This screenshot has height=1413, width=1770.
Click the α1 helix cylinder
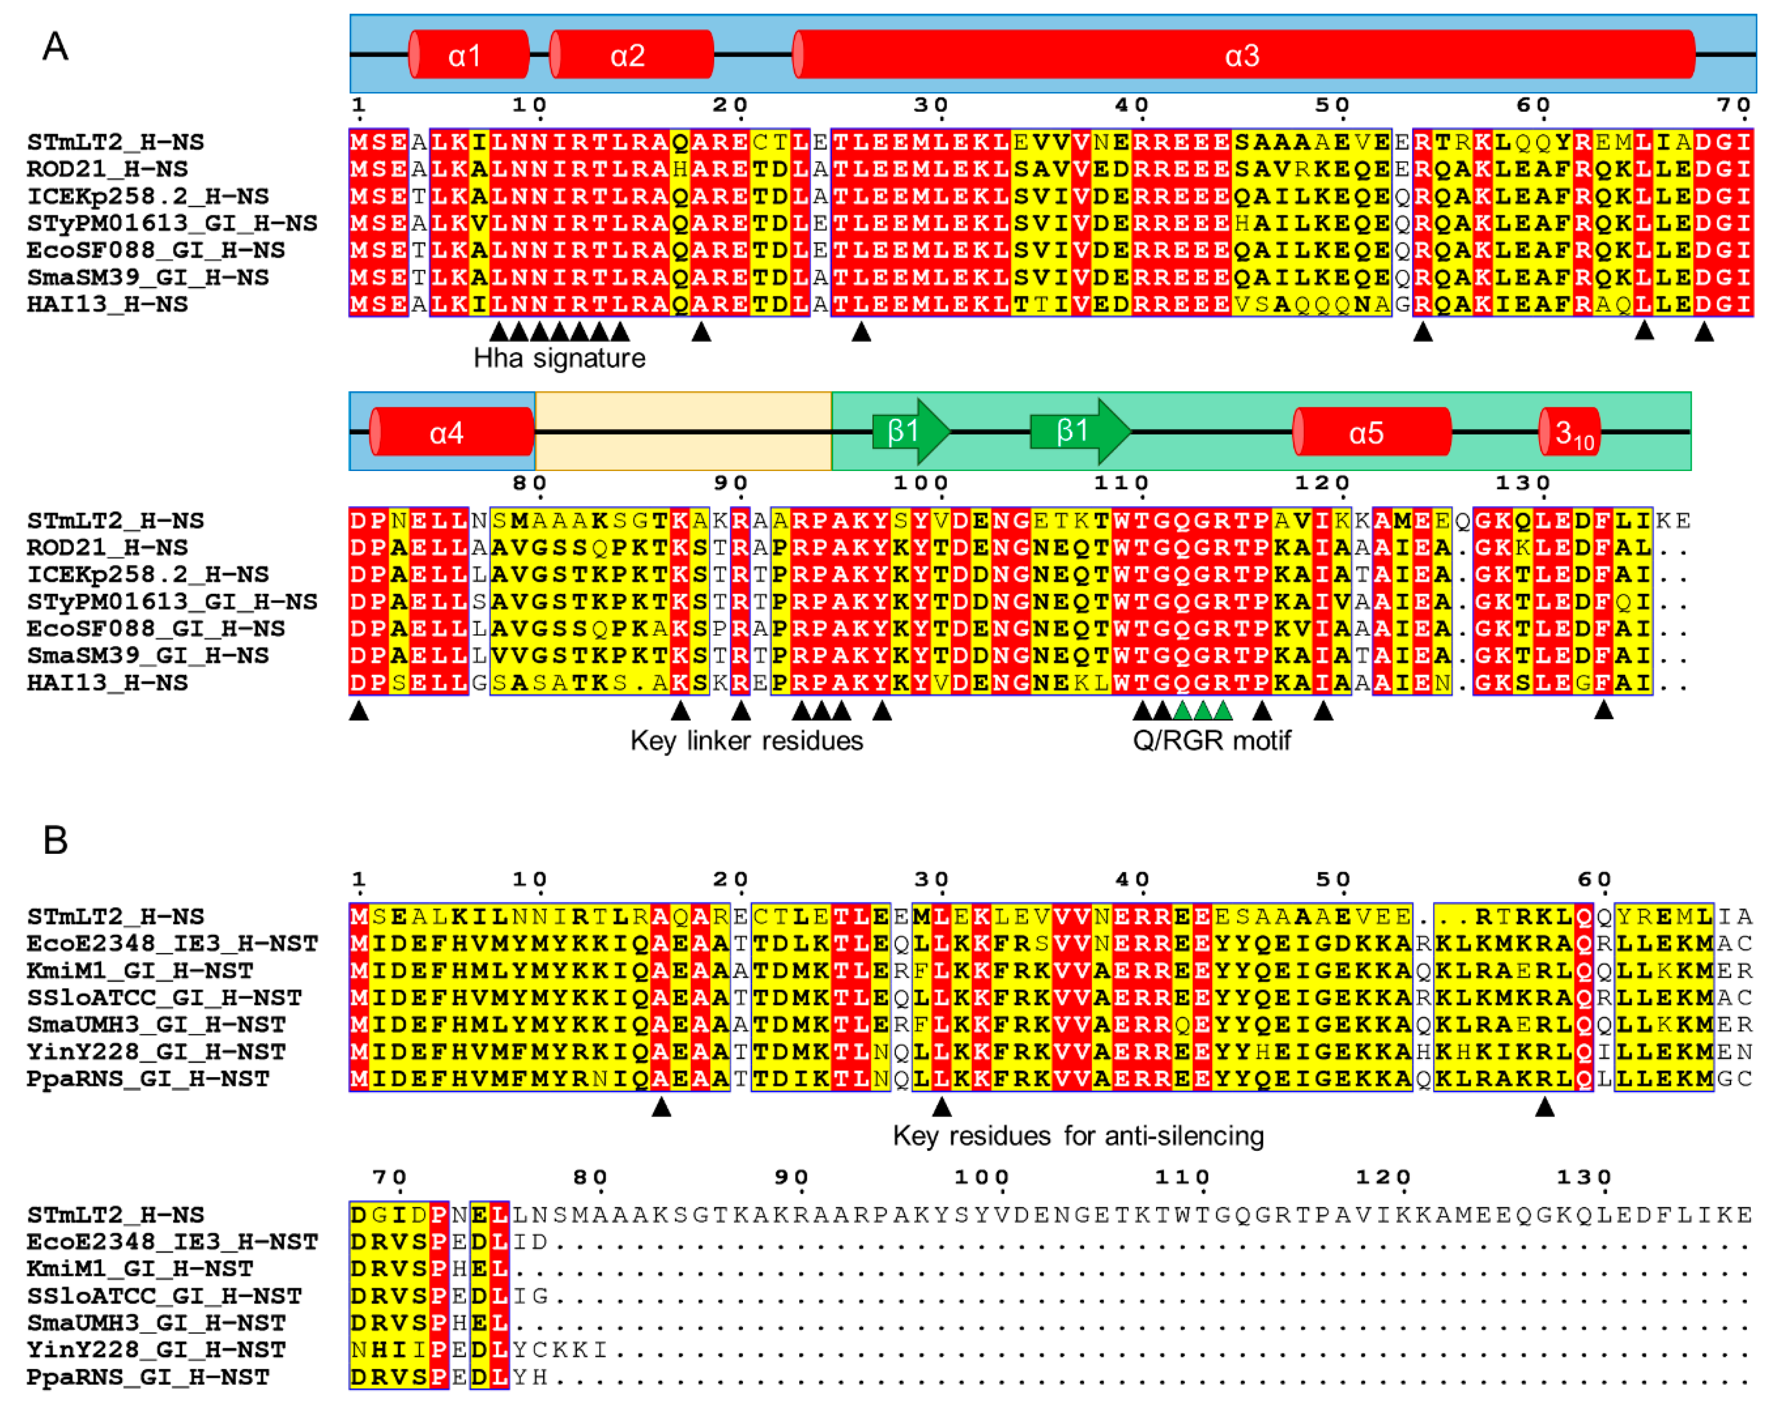point(469,55)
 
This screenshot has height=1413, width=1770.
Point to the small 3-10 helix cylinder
point(1569,432)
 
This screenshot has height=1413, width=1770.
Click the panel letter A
point(55,47)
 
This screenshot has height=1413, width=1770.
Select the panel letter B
point(55,840)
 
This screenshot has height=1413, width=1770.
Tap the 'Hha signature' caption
point(559,358)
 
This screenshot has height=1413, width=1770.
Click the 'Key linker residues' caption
point(746,741)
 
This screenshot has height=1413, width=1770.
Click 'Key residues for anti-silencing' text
point(1078,1135)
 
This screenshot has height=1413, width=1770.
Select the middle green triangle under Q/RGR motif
point(1203,710)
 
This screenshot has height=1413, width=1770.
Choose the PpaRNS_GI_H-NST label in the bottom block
point(148,1377)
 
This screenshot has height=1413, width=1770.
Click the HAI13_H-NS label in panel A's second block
point(107,683)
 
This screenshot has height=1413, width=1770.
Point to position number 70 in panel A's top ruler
point(1733,105)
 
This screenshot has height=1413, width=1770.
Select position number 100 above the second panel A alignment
point(920,483)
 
